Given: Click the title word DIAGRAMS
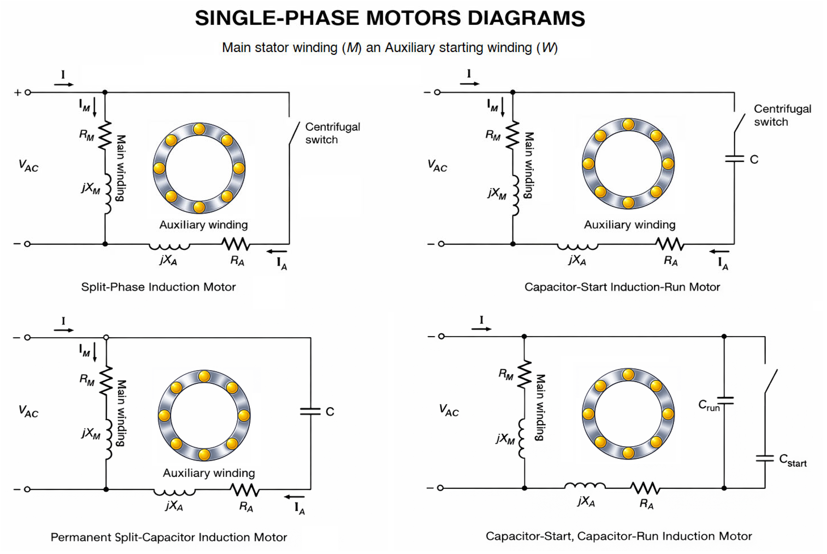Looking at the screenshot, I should [x=526, y=18].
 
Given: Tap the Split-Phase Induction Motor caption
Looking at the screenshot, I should [x=158, y=287].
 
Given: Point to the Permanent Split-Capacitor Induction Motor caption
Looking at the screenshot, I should [x=169, y=537].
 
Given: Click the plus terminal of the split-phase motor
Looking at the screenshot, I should [x=28, y=93].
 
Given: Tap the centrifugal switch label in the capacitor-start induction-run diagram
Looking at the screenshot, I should [x=782, y=115].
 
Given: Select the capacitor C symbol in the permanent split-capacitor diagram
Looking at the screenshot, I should [x=310, y=411].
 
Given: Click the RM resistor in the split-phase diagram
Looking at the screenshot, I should [x=105, y=135].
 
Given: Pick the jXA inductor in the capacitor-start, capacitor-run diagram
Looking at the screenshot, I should [x=584, y=486].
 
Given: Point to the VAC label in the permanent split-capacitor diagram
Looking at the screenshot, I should [x=28, y=411].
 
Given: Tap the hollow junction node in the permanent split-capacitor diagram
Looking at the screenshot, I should [x=106, y=338].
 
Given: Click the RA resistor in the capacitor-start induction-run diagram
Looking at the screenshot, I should [x=670, y=244].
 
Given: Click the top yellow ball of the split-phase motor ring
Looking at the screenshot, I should [x=199, y=129].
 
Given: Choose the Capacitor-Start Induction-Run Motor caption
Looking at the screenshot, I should [x=622, y=287].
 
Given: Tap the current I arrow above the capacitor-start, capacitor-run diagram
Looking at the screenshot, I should [x=481, y=329].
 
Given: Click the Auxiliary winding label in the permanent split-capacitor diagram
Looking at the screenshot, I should [x=209, y=473].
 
